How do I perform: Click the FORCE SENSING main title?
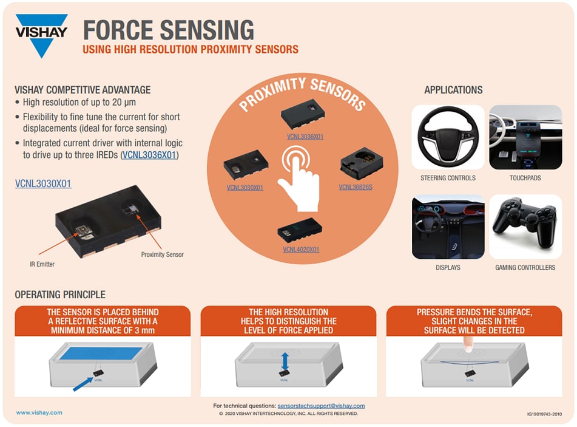click(x=168, y=30)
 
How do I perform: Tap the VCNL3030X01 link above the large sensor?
click(x=43, y=183)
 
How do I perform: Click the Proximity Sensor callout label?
click(x=162, y=254)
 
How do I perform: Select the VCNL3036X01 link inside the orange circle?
click(x=305, y=137)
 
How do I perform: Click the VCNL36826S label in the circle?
click(x=356, y=187)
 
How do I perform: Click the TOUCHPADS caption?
click(x=525, y=178)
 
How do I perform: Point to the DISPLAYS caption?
click(x=448, y=267)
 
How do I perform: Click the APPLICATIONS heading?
click(x=453, y=90)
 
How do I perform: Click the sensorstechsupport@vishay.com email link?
click(x=321, y=406)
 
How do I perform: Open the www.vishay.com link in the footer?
click(x=39, y=412)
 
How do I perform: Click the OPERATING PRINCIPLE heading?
click(x=60, y=295)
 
